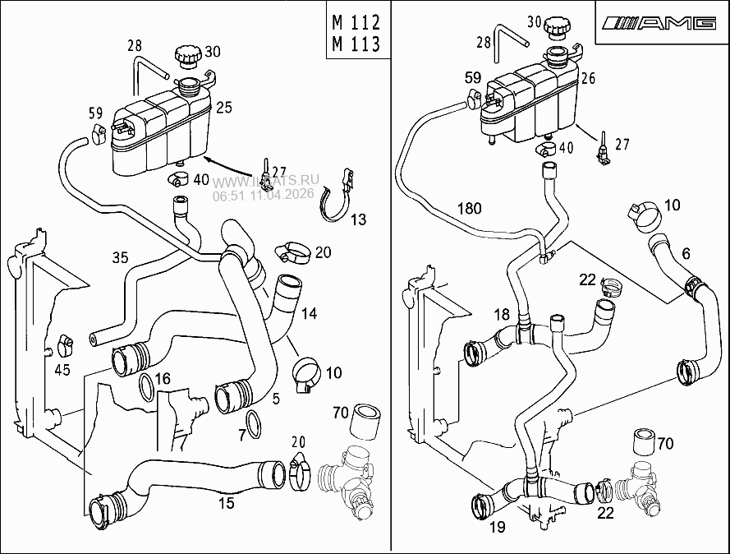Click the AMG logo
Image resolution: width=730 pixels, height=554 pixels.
click(659, 23)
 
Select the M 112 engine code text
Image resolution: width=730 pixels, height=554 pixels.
click(357, 21)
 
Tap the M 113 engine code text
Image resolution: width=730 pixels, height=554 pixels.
click(357, 44)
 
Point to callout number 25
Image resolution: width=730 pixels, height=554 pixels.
click(224, 107)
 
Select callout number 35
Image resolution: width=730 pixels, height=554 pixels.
click(120, 258)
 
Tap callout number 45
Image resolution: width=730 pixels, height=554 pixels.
click(62, 370)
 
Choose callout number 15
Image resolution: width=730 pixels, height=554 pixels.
click(225, 501)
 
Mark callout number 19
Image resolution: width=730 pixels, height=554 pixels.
click(497, 527)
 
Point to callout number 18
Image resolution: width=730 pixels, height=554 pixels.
click(502, 314)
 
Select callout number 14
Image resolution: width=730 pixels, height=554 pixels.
click(309, 313)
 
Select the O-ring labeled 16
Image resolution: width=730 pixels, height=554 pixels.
click(145, 385)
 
